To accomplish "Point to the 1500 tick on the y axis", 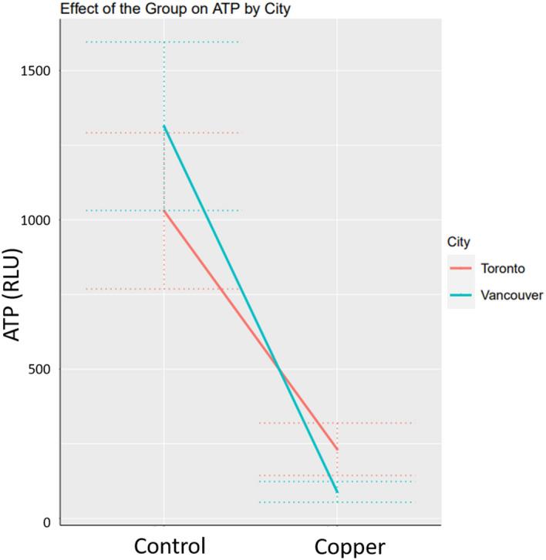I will click(35, 71).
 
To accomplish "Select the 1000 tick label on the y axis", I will click(35, 220).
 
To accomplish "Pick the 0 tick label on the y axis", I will click(47, 523).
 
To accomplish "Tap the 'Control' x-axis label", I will click(170, 545).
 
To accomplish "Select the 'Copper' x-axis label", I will click(349, 546).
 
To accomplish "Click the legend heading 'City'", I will click(460, 242).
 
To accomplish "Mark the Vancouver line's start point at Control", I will click(164, 126).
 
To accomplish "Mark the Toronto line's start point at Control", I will click(164, 210).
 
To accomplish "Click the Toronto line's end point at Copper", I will click(337, 449).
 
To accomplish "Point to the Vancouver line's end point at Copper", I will click(337, 491).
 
